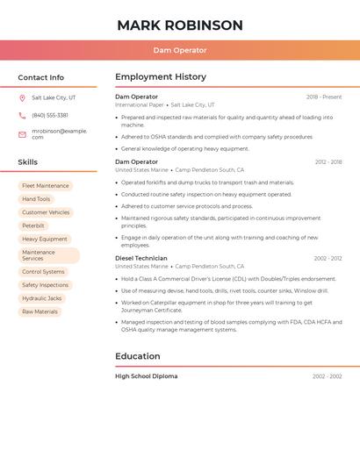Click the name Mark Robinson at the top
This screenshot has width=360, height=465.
click(179, 25)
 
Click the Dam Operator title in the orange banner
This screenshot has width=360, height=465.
click(179, 50)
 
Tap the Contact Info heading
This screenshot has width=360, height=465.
click(40, 77)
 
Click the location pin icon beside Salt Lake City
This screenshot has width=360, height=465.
click(22, 97)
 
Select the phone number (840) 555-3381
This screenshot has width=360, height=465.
click(50, 115)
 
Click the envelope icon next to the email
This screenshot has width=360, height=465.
click(22, 134)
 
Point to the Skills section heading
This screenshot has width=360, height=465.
click(28, 162)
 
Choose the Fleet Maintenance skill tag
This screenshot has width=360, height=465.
click(45, 186)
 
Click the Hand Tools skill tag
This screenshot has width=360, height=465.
click(36, 199)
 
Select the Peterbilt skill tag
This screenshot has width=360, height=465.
click(33, 225)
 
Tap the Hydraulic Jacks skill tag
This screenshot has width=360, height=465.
click(41, 298)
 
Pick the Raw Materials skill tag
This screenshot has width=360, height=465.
click(40, 311)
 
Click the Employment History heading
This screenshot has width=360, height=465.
click(161, 77)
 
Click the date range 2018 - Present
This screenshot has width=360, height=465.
click(324, 97)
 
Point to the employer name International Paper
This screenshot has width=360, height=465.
click(140, 104)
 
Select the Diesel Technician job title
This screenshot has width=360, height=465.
click(141, 258)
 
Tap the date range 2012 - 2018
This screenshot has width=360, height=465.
click(328, 162)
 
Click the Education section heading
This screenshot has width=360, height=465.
click(138, 356)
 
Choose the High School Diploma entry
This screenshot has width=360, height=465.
click(146, 376)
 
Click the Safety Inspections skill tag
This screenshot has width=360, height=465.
click(45, 285)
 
